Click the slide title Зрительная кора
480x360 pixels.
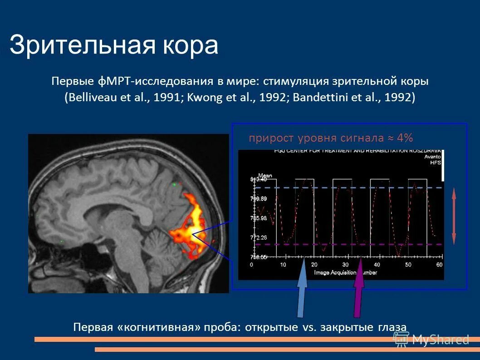tap(114, 46)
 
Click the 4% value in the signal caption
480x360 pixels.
tap(405, 138)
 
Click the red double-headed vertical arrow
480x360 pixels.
tap(454, 217)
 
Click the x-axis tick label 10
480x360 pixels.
tap(283, 265)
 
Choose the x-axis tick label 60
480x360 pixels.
tap(439, 265)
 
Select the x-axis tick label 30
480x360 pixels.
tap(345, 265)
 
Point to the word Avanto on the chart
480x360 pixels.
tap(433, 156)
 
